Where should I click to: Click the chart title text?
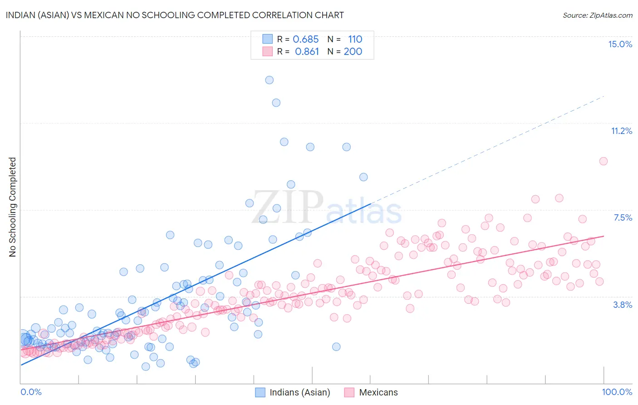click(175, 15)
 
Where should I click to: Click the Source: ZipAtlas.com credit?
click(597, 15)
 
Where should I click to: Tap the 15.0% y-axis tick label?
click(620, 44)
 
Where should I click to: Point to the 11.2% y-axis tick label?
click(621, 131)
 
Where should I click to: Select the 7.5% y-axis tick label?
click(623, 217)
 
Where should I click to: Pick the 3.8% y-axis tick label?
click(623, 305)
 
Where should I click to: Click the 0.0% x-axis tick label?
click(31, 392)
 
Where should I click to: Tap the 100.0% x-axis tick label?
click(617, 392)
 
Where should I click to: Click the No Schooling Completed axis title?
click(13, 207)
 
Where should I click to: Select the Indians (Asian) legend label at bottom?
click(299, 392)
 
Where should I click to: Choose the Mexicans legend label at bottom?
click(378, 392)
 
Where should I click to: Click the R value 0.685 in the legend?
click(305, 40)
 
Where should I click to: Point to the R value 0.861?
click(307, 52)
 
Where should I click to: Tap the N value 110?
click(355, 40)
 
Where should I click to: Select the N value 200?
click(353, 52)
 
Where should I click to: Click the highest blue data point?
click(269, 80)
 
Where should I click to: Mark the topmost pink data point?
click(603, 161)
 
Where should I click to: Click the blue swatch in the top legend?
click(267, 39)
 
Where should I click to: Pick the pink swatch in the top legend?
click(267, 51)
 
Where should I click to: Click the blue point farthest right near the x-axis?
click(336, 347)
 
